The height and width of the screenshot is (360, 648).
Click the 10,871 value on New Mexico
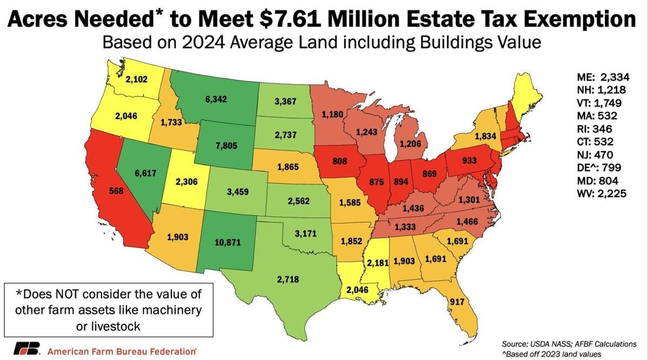[227, 242]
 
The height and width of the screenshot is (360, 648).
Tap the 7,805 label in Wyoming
[222, 146]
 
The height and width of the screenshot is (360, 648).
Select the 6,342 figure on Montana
[215, 99]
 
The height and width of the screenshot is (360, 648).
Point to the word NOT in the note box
[80, 295]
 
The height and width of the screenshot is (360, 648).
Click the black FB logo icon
[26, 349]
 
